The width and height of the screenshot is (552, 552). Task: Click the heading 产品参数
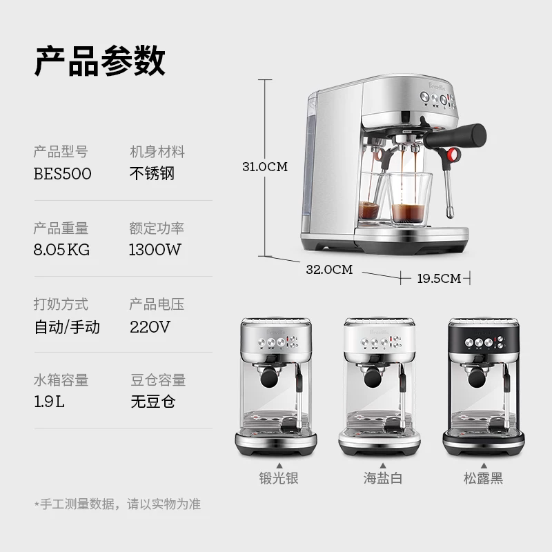coord(99,61)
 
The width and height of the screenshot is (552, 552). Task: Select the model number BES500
coord(62,174)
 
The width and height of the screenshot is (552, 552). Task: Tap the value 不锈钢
coord(152,173)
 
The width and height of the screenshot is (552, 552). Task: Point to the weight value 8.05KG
coord(62,250)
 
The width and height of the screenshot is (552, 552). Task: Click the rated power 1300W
coord(155,250)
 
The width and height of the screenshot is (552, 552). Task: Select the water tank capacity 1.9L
coord(49,402)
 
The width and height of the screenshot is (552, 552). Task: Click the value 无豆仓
coord(152,402)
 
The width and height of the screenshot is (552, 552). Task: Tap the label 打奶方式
coord(61,304)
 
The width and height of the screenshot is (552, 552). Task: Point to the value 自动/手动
coord(67,326)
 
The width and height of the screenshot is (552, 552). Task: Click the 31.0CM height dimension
coord(264,167)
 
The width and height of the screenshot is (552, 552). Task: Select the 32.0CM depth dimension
coord(329,270)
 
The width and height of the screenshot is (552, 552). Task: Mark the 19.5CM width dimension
coord(438,279)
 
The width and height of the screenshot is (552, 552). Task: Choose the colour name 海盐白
coord(382,477)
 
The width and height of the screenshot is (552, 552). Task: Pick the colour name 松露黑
coord(484,477)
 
